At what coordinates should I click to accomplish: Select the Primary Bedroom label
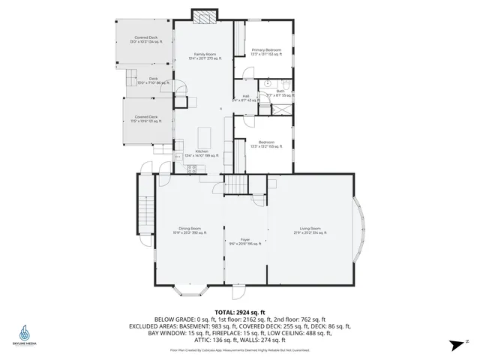point(265,52)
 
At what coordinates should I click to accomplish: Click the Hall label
point(244,97)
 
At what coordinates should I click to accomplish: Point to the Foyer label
point(244,241)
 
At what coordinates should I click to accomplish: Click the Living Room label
point(310,230)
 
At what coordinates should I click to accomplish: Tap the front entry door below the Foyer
point(238,287)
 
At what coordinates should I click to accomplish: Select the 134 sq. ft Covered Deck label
point(146,39)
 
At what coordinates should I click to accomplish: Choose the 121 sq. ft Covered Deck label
point(146,118)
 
